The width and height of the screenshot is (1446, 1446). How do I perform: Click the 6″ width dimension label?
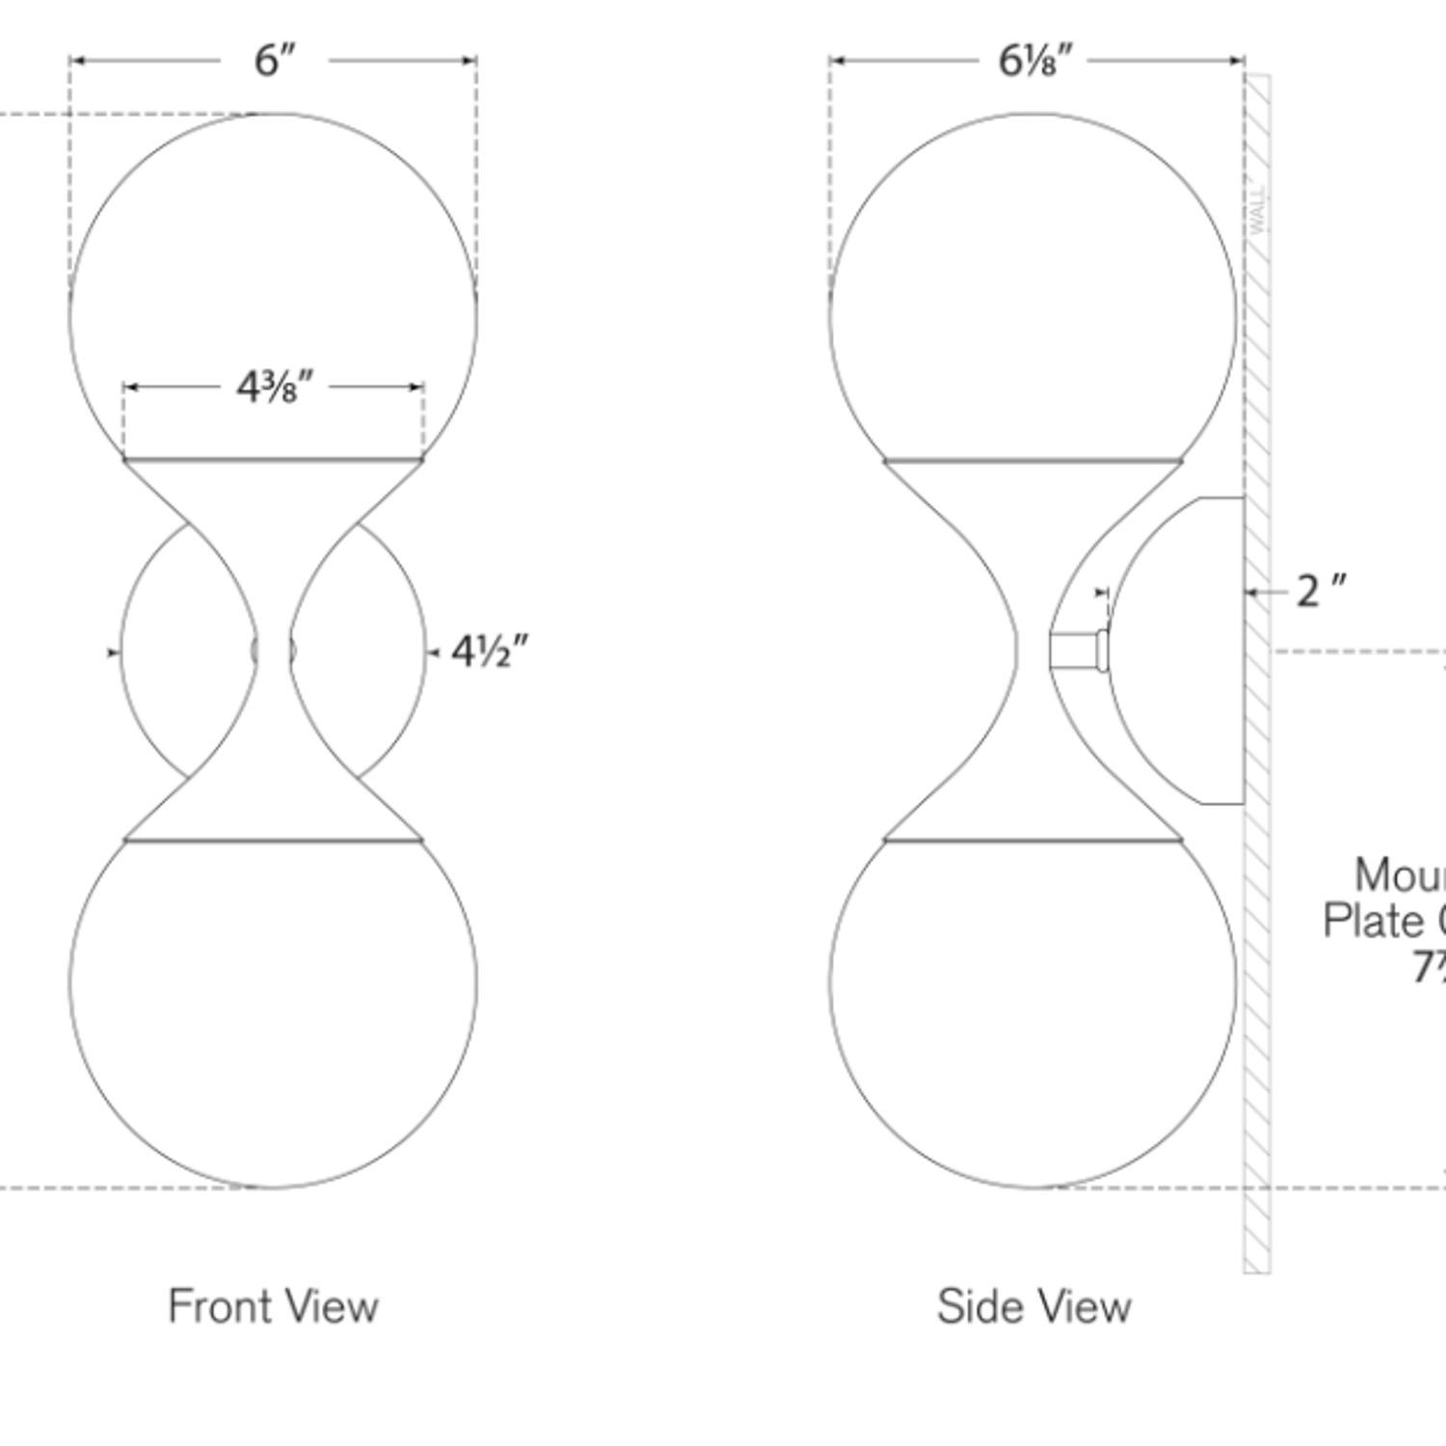click(x=274, y=61)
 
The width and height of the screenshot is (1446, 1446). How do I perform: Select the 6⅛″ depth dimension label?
click(x=1034, y=61)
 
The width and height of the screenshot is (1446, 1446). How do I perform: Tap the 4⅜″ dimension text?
click(x=275, y=388)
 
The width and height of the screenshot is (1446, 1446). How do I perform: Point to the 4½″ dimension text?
click(x=490, y=653)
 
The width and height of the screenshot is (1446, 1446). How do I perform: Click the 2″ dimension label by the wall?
click(x=1320, y=591)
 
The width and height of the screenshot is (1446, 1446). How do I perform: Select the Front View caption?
click(x=274, y=1306)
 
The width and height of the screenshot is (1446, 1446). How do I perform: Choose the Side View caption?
click(x=1033, y=1306)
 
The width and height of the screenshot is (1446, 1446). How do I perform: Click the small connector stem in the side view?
click(x=1075, y=651)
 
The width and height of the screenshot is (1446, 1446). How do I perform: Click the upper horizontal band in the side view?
click(x=1033, y=462)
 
